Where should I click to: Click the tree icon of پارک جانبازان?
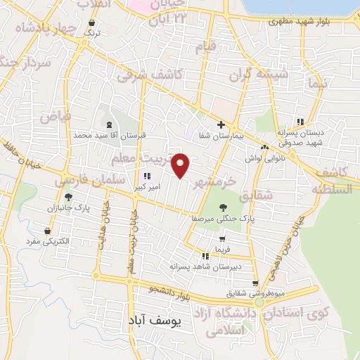coord(68,197)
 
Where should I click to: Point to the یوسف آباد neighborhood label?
coord(155,321)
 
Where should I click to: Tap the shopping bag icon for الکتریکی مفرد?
coord(47,231)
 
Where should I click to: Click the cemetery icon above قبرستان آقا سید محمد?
coord(109,124)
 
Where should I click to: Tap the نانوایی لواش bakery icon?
coord(264,147)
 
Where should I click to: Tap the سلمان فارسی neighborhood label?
coord(84,181)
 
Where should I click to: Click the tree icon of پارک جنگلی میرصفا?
coord(224,207)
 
